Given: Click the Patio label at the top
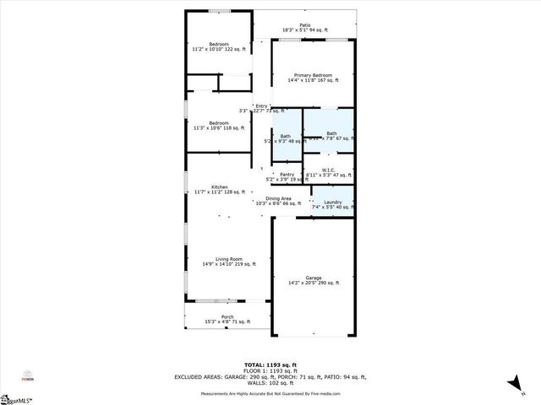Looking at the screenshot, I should [304, 25].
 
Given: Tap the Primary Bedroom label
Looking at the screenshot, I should [313, 75].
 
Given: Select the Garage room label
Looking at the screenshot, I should [313, 278].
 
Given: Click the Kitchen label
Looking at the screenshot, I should [219, 186].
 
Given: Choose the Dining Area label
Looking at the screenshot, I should [278, 198].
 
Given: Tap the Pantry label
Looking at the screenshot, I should [287, 175].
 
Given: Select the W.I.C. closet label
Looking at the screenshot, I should [329, 170].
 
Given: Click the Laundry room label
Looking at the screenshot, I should [332, 202].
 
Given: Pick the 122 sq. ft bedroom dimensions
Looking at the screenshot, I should [219, 49].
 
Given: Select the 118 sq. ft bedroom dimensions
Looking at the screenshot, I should [218, 128].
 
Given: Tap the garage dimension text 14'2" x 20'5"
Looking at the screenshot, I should [313, 283].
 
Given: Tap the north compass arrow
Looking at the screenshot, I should [512, 384].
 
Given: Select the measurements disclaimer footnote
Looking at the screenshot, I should [270, 394].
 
